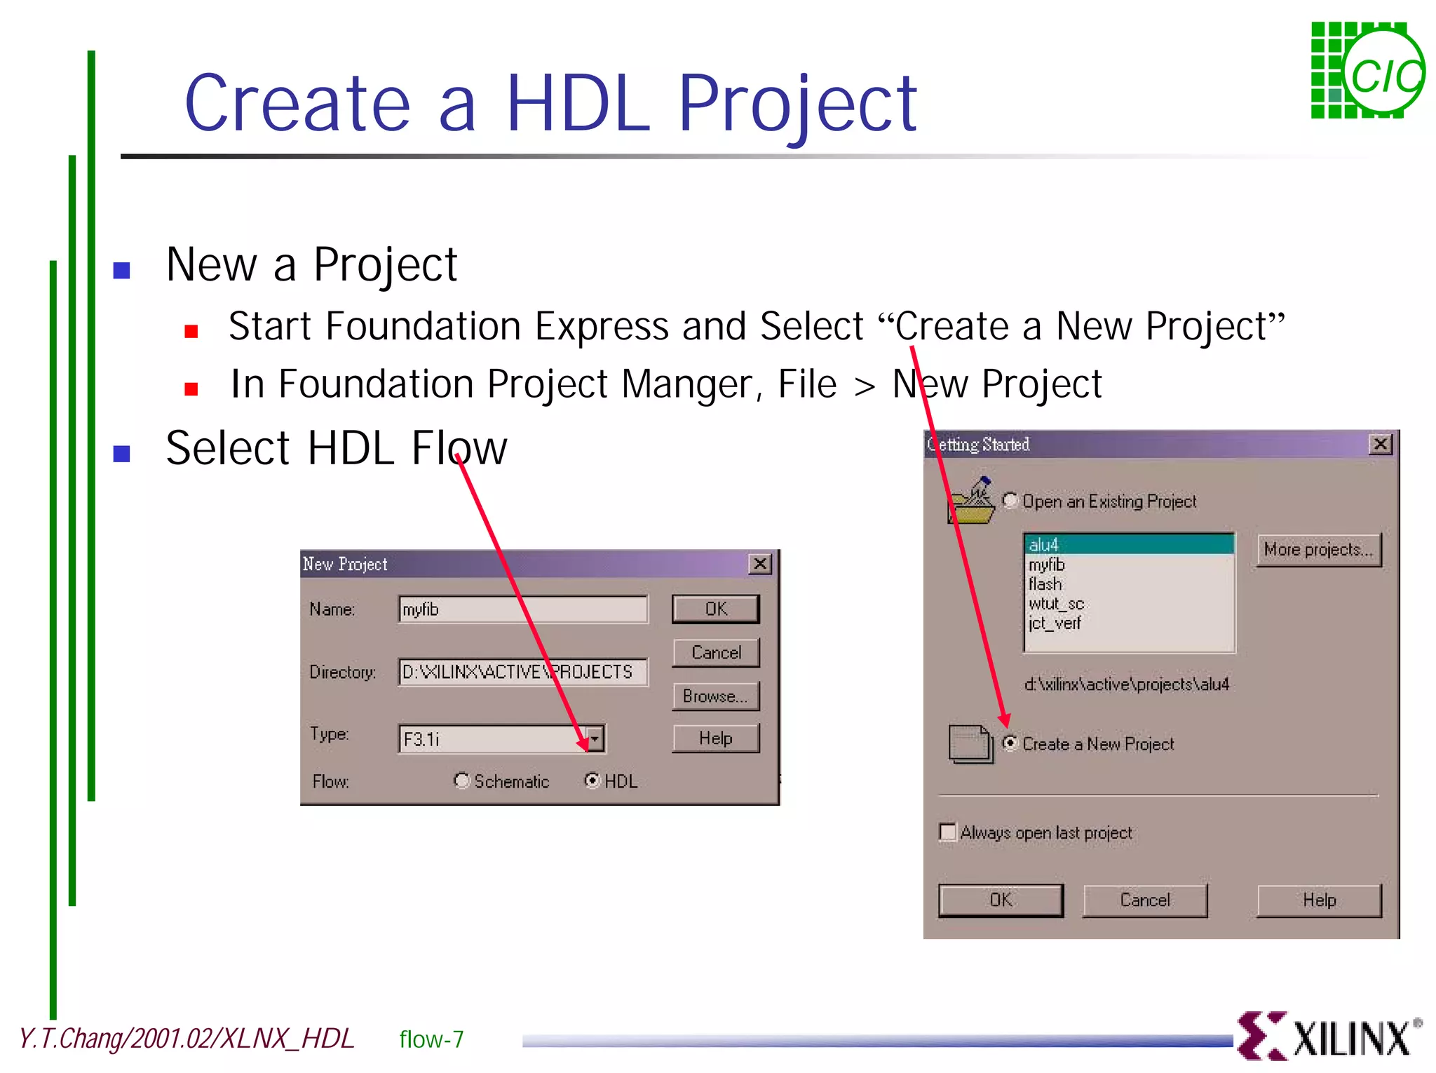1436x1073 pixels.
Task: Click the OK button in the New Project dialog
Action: (x=715, y=609)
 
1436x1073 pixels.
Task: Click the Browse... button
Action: (x=715, y=696)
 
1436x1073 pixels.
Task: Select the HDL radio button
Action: (x=592, y=781)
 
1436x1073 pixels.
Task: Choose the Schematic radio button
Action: (x=461, y=781)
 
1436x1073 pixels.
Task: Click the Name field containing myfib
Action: (x=522, y=609)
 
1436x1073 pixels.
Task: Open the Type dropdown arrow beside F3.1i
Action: (x=595, y=738)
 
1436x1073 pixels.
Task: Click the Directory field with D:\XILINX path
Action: (x=522, y=672)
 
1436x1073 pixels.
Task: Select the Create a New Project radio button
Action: (x=1010, y=743)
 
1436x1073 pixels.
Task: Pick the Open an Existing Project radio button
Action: (x=1010, y=501)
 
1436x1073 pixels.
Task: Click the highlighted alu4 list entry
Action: (x=1129, y=544)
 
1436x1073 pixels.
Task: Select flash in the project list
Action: (x=1045, y=583)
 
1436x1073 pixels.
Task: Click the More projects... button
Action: (x=1318, y=550)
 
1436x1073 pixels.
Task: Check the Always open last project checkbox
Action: (x=948, y=832)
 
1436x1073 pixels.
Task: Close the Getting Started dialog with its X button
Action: (x=1380, y=445)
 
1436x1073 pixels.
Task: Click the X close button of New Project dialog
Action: (x=760, y=564)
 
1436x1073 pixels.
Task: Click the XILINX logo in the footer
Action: (x=1329, y=1037)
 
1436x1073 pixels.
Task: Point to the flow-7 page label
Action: (x=431, y=1039)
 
